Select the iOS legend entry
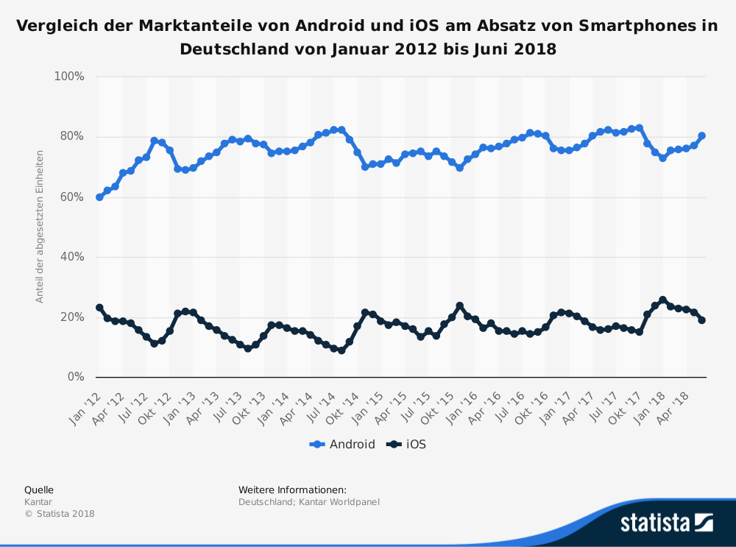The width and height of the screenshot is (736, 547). pos(407,444)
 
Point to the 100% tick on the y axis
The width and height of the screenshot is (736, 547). pos(69,77)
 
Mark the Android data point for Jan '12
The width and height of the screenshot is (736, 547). pos(99,197)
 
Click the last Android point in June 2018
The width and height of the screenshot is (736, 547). pos(702,135)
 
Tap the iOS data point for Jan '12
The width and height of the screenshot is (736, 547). pos(99,308)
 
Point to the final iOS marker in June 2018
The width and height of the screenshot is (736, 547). pos(702,320)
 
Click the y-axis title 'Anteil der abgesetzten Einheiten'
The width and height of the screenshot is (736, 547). pos(40,227)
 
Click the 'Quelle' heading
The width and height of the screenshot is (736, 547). pos(39,490)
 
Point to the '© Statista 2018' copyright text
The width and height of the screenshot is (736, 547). pos(60,514)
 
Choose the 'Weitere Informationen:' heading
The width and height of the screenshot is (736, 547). pos(292,490)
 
